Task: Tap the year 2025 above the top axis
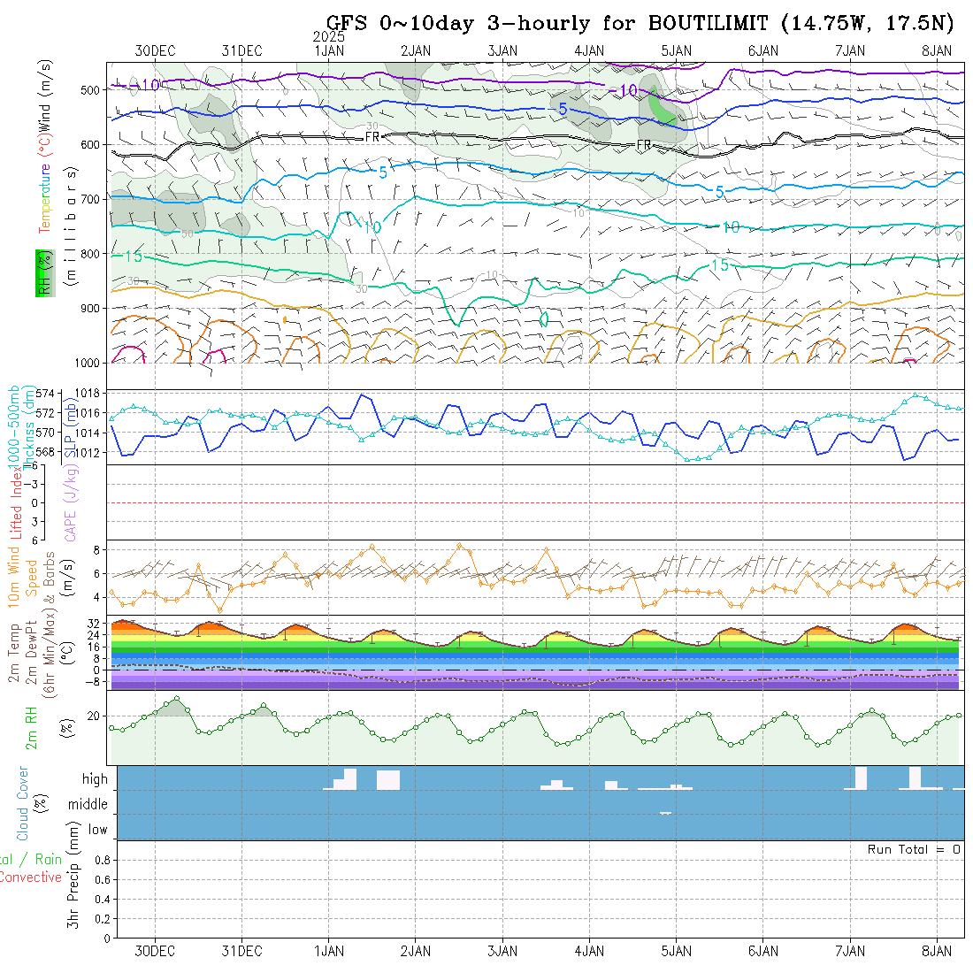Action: [329, 37]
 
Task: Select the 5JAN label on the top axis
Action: [676, 50]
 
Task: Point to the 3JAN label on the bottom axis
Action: [502, 951]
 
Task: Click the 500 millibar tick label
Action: [90, 89]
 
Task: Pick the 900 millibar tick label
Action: [90, 308]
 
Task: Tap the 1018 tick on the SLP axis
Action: [89, 392]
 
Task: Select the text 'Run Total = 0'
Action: [914, 849]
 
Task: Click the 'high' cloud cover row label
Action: [95, 779]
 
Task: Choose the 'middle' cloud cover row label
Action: [88, 804]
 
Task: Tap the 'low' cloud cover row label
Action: [97, 830]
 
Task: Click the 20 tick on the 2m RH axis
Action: [97, 716]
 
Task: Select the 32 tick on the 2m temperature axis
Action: [96, 623]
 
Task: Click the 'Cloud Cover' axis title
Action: [23, 804]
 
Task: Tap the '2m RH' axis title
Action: [32, 727]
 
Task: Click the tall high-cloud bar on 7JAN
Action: [861, 778]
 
